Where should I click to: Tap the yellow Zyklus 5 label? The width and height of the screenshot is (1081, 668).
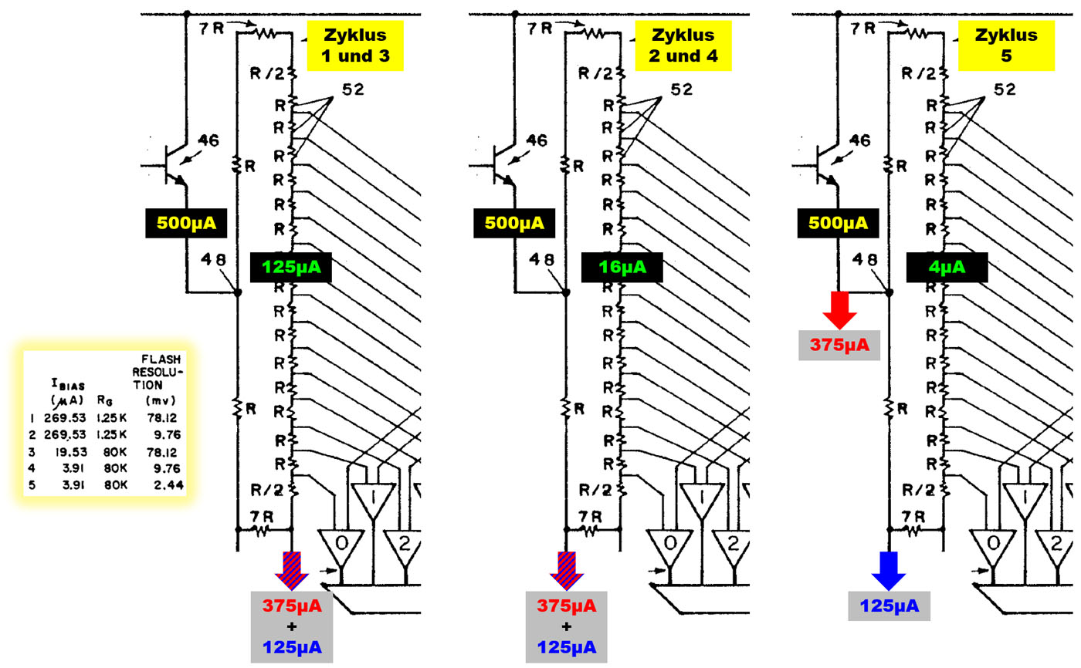pos(1005,45)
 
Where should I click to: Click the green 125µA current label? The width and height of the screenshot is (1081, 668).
pos(291,268)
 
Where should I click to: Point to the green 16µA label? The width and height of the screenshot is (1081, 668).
pos(622,268)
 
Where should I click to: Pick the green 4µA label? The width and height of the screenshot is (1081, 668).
pos(947,268)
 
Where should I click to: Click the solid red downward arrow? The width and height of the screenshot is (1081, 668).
pos(839,309)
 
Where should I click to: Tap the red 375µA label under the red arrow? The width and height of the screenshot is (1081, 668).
pos(839,345)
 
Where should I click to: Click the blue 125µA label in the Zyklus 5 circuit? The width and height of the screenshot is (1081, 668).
pos(889,606)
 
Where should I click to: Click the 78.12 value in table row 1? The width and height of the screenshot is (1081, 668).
pos(161,417)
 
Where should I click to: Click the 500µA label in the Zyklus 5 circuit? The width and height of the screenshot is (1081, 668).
pos(836,224)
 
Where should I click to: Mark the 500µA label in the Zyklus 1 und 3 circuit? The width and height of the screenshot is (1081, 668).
pos(186,224)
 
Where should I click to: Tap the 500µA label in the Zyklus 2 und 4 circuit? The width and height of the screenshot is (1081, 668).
pos(514,224)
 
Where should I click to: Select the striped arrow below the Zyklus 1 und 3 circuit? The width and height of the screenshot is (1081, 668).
pos(292,570)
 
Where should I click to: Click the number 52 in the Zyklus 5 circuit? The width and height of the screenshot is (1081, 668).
pos(1004,89)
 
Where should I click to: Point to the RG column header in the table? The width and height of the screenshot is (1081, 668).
pos(106,400)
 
